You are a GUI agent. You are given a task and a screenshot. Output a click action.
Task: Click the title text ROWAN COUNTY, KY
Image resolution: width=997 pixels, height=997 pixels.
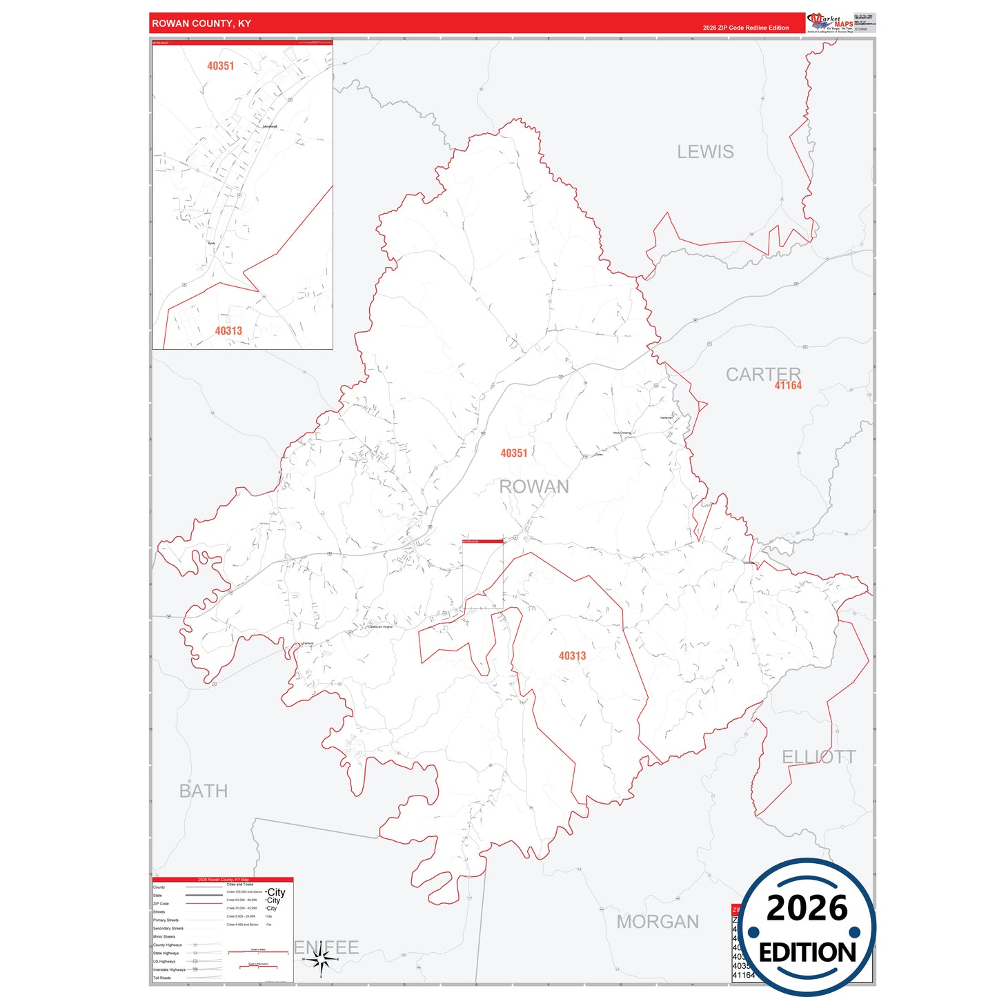click(201, 23)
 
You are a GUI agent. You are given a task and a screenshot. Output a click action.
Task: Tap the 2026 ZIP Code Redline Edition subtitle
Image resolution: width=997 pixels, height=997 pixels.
click(745, 28)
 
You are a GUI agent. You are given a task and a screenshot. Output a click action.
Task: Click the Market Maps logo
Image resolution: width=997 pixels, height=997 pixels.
click(830, 23)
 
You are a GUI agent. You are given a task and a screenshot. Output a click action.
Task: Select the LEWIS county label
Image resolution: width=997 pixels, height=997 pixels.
click(705, 152)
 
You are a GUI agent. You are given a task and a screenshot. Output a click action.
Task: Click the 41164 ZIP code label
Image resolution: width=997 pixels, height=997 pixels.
click(788, 386)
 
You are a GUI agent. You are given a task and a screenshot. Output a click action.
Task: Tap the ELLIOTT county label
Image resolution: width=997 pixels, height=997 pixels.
click(818, 757)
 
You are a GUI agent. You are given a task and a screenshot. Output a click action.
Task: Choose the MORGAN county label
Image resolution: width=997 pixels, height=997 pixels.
click(658, 922)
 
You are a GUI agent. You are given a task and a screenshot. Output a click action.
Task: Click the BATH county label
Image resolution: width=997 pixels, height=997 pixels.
click(203, 791)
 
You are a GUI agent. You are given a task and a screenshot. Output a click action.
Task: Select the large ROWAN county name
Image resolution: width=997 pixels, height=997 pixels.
click(534, 486)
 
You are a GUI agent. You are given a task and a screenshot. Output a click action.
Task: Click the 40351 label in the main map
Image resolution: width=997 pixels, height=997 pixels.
click(513, 453)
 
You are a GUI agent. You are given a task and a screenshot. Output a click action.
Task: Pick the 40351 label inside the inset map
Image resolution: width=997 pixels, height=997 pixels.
click(220, 66)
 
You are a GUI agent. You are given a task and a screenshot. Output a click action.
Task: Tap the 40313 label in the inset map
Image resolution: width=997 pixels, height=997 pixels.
click(228, 331)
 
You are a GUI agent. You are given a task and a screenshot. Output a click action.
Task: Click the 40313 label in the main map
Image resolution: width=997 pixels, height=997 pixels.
click(572, 656)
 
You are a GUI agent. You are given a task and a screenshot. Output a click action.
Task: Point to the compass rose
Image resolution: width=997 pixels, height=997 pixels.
click(321, 960)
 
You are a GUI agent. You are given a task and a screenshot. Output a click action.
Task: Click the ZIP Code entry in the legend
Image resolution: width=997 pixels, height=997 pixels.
click(161, 904)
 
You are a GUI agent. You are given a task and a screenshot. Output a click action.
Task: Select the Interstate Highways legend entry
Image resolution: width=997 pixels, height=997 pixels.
click(169, 969)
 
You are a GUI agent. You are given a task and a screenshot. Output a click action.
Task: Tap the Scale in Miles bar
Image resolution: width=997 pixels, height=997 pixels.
click(257, 952)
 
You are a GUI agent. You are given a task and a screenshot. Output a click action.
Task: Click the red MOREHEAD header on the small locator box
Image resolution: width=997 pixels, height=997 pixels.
click(482, 542)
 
